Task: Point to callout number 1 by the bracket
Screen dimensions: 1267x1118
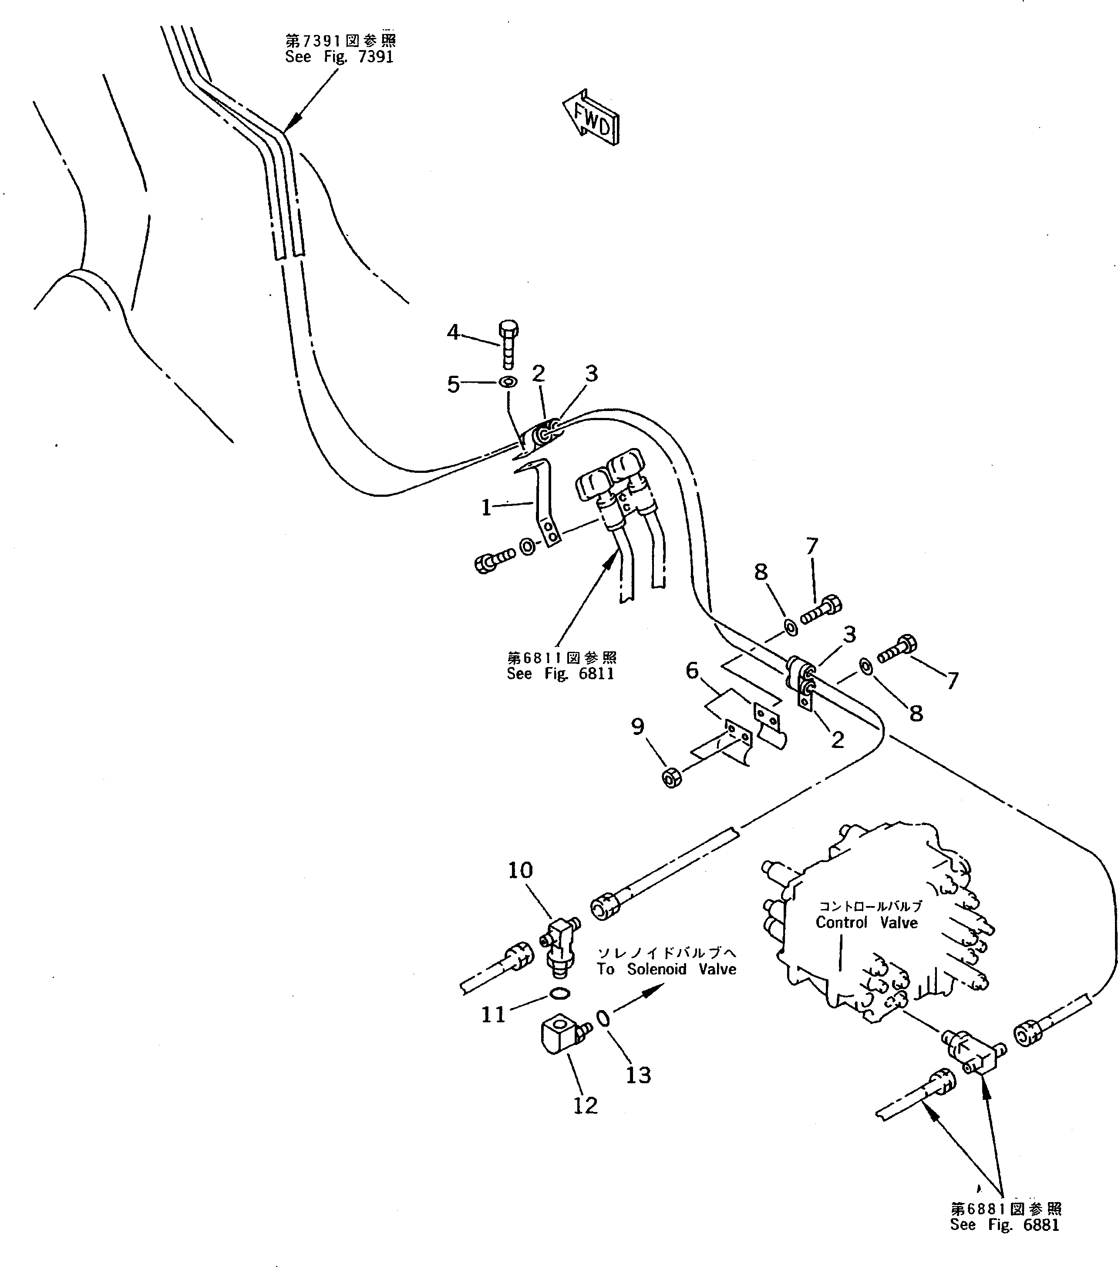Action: click(x=486, y=508)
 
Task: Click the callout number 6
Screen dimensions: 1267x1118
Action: click(x=692, y=670)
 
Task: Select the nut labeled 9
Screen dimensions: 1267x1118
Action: click(x=672, y=777)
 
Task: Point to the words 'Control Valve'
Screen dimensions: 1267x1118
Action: click(x=866, y=923)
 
